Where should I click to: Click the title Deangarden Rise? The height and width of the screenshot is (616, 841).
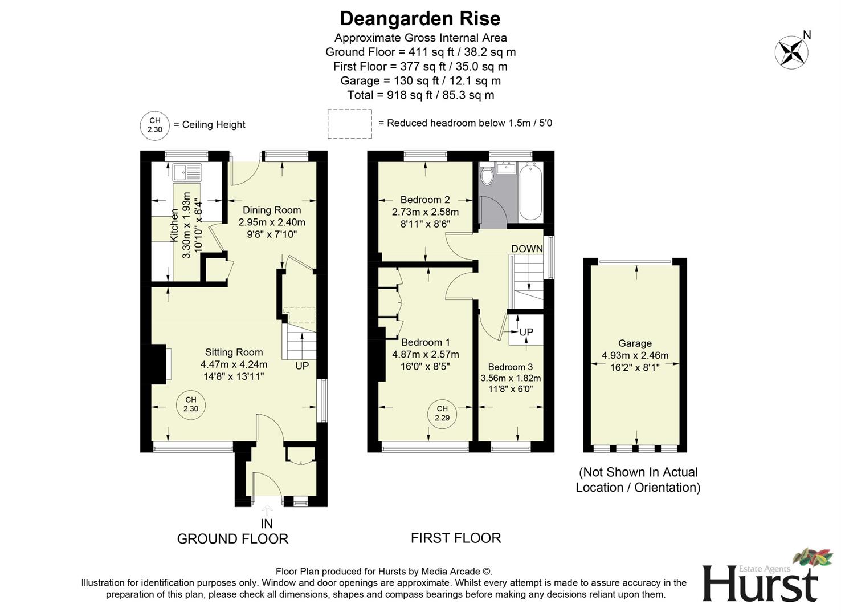(420, 18)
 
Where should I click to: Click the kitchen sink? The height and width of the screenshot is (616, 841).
(187, 172)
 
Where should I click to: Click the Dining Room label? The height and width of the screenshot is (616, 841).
(271, 210)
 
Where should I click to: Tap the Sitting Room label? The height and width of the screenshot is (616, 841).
(234, 352)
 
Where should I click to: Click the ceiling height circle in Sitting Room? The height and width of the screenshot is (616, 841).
(190, 404)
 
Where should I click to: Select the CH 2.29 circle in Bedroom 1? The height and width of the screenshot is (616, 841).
(442, 413)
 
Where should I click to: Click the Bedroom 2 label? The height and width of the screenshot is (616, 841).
(425, 200)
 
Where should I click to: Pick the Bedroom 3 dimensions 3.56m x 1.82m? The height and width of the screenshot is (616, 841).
(511, 378)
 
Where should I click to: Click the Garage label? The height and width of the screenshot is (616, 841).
(635, 343)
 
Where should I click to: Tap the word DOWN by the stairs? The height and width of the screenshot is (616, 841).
(526, 249)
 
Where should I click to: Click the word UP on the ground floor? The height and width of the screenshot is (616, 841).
(302, 366)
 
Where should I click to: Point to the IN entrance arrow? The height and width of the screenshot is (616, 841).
(267, 511)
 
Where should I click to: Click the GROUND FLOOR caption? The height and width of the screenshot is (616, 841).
(232, 538)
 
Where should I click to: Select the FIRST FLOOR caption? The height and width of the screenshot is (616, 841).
(456, 538)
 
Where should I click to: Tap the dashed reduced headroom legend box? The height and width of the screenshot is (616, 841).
(349, 124)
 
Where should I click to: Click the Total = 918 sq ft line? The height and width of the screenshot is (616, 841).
(420, 95)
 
